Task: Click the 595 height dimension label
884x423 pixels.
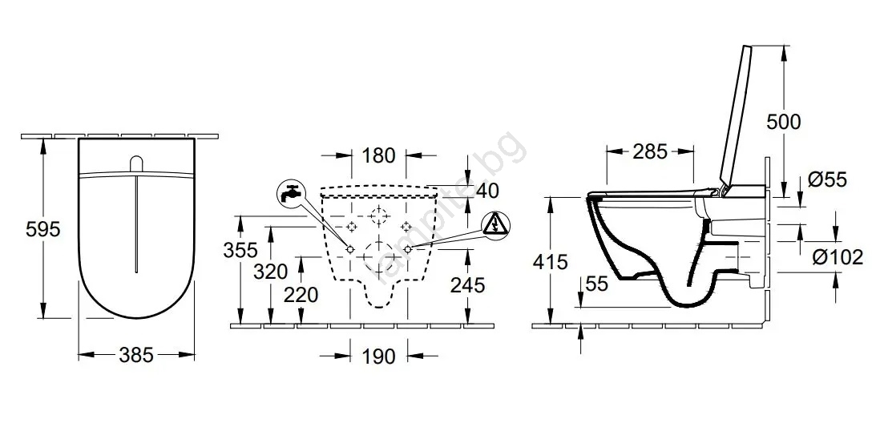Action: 42,229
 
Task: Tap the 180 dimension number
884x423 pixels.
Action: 378,155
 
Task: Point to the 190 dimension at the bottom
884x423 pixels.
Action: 378,356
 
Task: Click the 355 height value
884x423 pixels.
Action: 240,249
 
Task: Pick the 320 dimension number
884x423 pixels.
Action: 271,272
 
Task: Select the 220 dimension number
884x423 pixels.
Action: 301,294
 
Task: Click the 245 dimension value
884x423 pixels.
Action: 467,285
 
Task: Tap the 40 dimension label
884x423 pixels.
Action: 487,191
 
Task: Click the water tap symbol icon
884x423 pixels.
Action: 289,192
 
